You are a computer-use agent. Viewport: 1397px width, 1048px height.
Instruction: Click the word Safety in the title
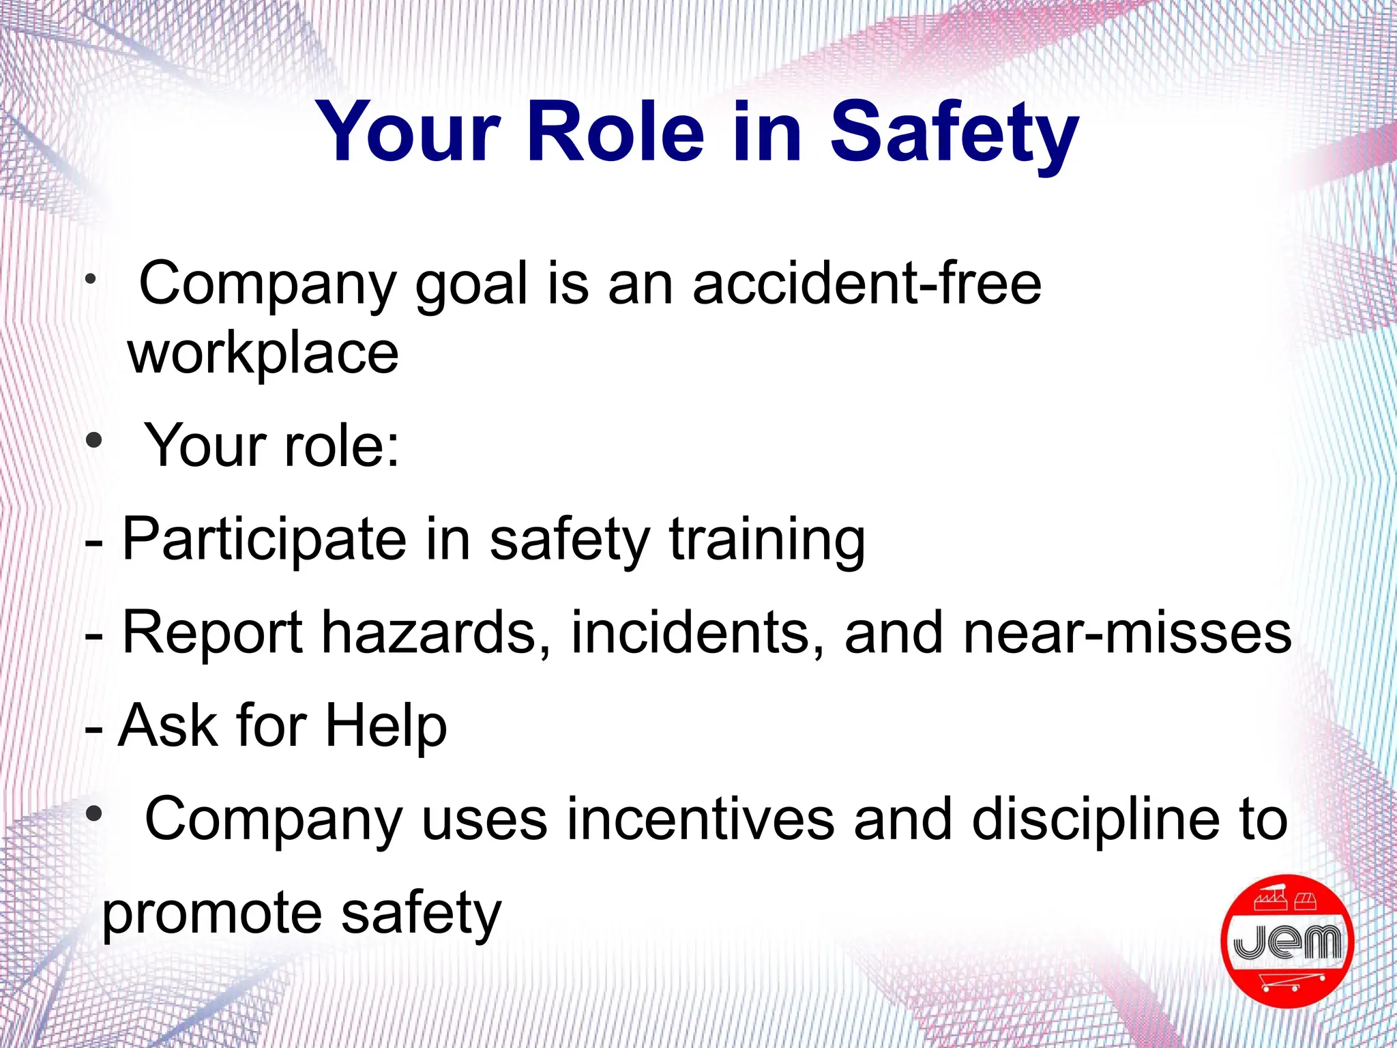[954, 133]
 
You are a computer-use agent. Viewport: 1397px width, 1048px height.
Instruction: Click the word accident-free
[867, 284]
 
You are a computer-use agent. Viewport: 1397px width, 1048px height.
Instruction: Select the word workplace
[263, 354]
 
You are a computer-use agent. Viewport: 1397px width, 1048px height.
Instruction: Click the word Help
[386, 726]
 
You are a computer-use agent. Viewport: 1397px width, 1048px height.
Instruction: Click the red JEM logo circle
[1286, 942]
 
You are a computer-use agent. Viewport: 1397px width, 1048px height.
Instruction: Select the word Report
[212, 633]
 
